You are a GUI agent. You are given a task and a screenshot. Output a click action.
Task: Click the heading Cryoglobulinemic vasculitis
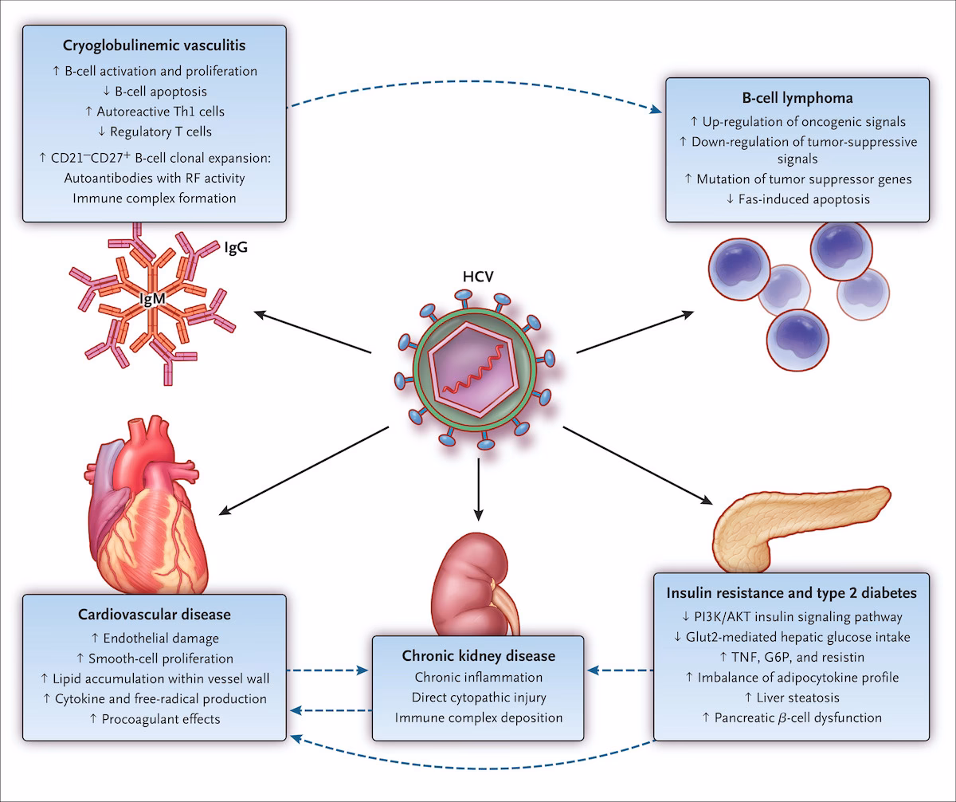(x=154, y=47)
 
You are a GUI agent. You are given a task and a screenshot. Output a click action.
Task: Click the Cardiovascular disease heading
(x=154, y=615)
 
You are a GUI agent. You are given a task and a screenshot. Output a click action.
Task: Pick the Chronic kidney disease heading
(x=478, y=656)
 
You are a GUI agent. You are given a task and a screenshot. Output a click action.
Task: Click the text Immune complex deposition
(x=478, y=718)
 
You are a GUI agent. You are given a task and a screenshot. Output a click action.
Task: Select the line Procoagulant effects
(x=154, y=719)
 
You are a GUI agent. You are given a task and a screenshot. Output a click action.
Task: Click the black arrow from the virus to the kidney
(x=478, y=486)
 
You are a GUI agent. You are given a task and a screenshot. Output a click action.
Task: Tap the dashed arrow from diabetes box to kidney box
(x=619, y=670)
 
